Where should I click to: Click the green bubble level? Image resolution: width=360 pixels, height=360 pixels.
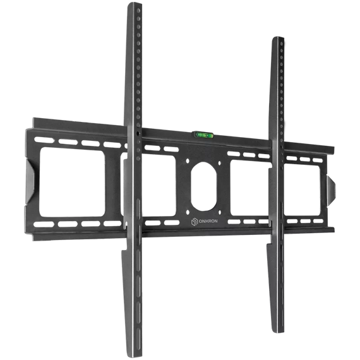(203, 135)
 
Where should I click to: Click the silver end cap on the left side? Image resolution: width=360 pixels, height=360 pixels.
(31, 180)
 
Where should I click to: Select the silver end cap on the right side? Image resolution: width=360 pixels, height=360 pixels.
(332, 187)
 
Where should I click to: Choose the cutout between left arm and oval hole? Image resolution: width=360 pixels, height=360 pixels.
(158, 184)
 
